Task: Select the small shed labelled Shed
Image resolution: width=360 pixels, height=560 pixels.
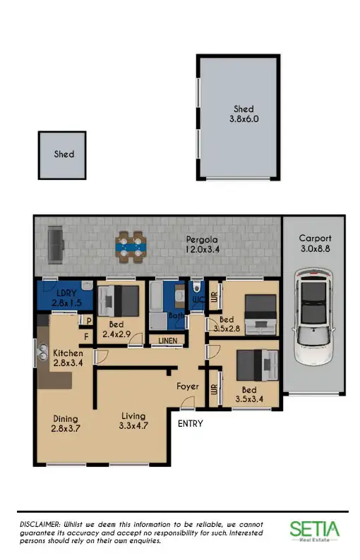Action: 62,154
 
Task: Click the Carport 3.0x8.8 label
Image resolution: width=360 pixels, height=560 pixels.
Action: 314,244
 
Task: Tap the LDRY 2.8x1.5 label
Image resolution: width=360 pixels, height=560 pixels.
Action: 67,298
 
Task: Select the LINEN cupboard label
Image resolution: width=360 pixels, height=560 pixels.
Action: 167,341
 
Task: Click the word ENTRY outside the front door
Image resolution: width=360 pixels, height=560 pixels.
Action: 190,424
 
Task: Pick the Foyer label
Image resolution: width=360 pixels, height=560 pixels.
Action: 188,386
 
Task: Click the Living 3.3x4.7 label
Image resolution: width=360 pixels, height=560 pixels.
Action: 133,421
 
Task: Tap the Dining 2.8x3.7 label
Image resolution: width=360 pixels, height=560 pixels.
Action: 64,423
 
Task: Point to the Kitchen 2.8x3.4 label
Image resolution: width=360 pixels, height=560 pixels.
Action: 68,358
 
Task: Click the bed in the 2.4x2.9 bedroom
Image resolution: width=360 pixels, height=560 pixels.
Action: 119,301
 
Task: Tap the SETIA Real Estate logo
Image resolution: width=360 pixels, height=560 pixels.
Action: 314,530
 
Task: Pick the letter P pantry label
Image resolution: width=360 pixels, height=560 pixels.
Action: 90,321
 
